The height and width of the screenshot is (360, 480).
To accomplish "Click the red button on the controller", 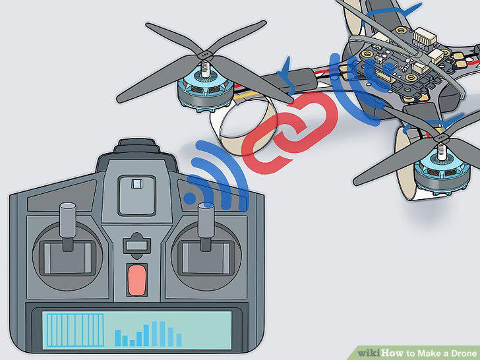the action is coord(136,280).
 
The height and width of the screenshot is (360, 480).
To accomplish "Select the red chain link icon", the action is coord(289,133).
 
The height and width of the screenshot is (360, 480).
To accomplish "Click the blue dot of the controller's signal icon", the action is coord(190,198).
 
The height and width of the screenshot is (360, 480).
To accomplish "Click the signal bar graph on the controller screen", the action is coord(148,334).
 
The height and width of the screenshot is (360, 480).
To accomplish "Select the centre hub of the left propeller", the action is coord(205,55).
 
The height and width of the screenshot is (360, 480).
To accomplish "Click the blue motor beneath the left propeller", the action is coord(205,90).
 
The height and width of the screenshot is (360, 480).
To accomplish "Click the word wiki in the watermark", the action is coord(369,353).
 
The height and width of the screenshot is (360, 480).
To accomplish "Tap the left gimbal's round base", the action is coord(68,256).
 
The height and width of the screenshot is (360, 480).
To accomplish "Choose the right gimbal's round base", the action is coord(206,256).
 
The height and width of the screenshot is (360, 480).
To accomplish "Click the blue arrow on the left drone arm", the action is coord(286,75).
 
